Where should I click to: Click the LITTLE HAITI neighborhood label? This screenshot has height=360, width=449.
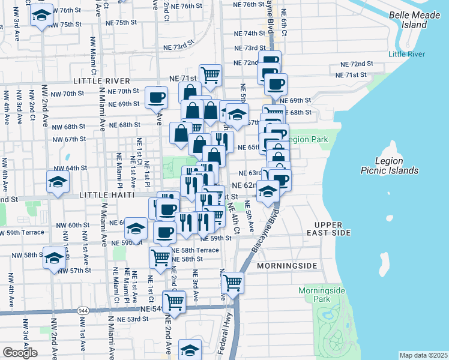click(112, 196)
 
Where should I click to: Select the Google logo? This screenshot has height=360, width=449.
click(20, 353)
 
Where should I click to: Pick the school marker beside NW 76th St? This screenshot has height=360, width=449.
click(41, 16)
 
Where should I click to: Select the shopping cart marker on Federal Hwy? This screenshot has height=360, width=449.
click(232, 281)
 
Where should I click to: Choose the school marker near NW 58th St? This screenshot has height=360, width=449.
click(54, 258)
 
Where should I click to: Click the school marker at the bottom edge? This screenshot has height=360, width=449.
click(190, 350)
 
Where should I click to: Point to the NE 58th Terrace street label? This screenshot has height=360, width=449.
click(195, 250)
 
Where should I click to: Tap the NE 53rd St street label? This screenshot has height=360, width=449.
click(132, 319)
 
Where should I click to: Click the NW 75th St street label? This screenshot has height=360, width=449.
click(66, 24)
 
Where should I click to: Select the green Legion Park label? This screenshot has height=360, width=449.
click(309, 139)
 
